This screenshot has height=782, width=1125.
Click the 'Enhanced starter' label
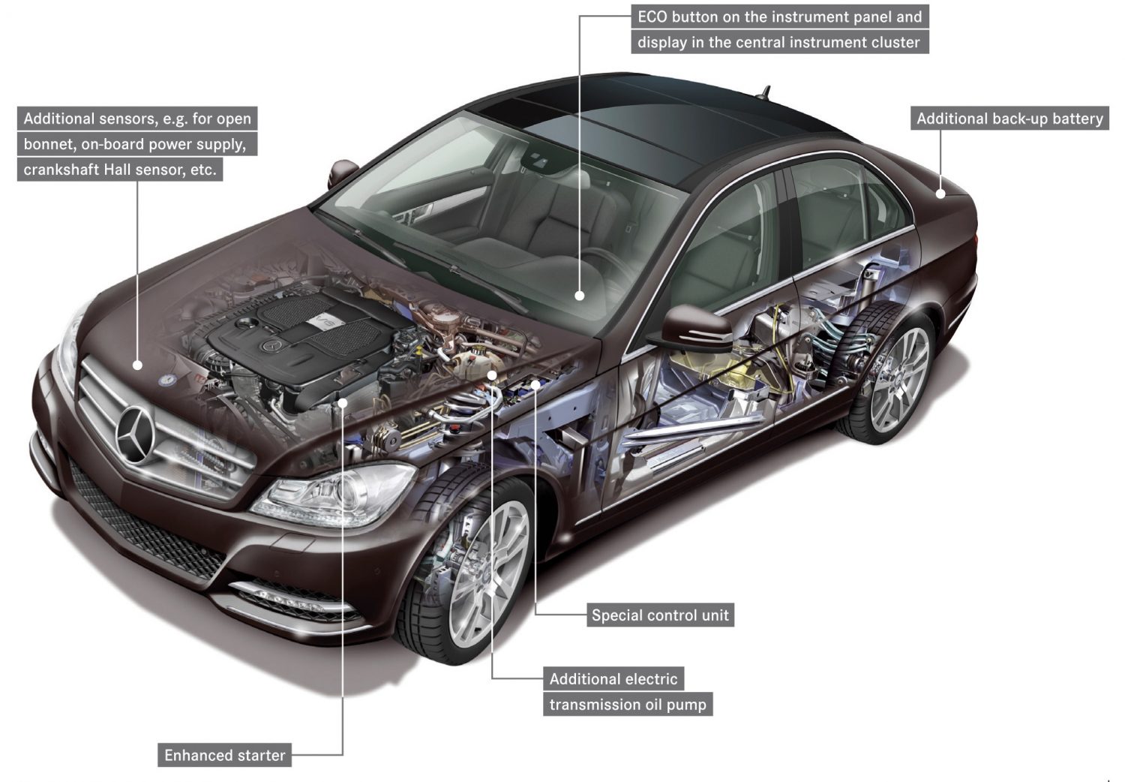tap(225, 755)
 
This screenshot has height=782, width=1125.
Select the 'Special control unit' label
tap(660, 615)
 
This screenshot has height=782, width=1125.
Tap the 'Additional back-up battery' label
tap(1009, 119)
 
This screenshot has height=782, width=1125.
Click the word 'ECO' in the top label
tap(654, 17)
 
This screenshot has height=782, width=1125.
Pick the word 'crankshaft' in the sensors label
tap(61, 170)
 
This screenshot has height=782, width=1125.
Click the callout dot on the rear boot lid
tap(940, 194)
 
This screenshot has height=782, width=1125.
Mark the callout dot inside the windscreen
tap(579, 296)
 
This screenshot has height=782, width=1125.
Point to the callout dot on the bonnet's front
tap(137, 365)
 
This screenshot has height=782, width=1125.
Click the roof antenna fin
tap(764, 93)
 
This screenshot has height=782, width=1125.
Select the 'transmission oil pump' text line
tap(628, 705)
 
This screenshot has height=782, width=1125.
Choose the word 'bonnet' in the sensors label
tap(47, 144)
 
